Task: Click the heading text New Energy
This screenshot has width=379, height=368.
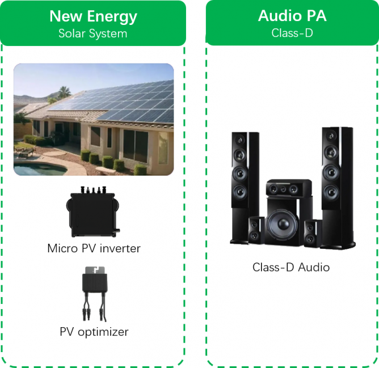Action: pos(93,16)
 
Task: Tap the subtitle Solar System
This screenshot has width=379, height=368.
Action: pos(93,33)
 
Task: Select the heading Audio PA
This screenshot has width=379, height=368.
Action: pos(292,16)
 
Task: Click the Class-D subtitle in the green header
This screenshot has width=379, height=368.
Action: pos(292,33)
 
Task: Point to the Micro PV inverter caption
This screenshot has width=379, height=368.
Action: pos(94,248)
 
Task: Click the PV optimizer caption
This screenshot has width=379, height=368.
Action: pos(94,332)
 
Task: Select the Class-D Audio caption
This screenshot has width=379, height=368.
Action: pos(290,267)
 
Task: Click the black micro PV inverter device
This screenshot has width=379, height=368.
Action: pos(94,214)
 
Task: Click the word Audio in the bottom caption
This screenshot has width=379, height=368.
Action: pos(311,267)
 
